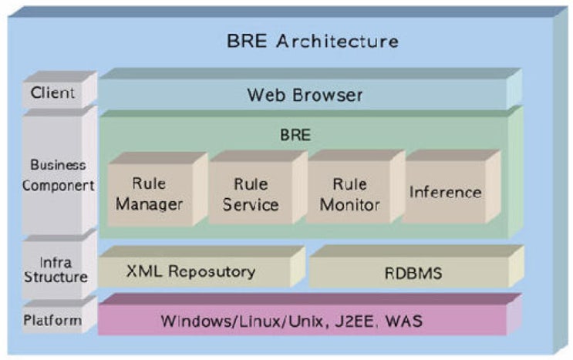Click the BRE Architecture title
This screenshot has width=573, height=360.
click(x=312, y=41)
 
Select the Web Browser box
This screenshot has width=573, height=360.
click(x=305, y=96)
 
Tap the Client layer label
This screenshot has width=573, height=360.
click(x=53, y=93)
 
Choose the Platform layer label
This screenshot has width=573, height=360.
click(x=53, y=320)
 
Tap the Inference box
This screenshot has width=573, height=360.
click(x=445, y=192)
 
